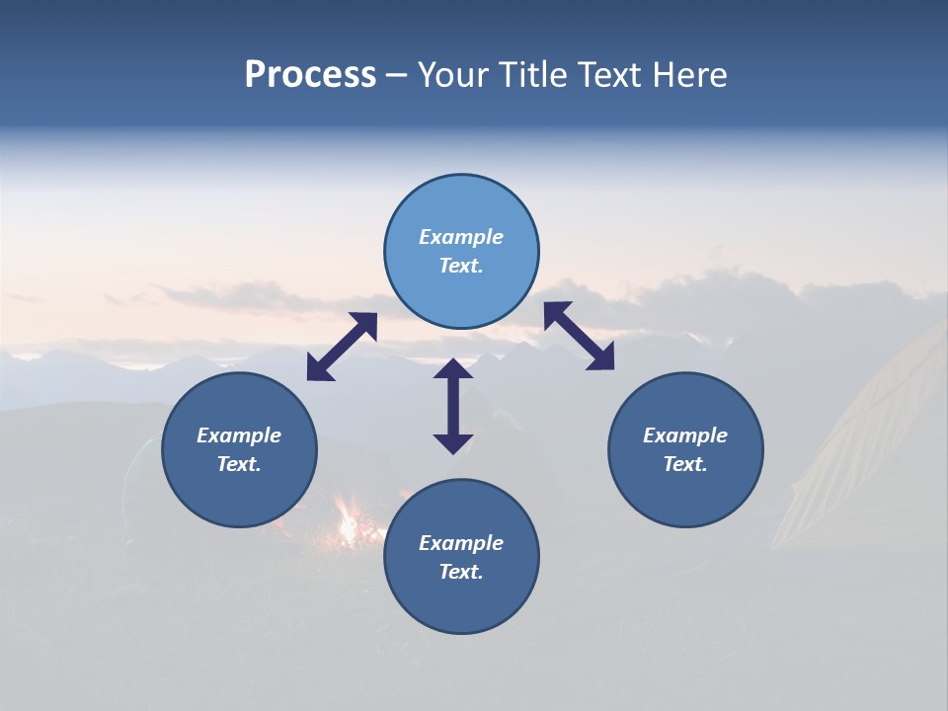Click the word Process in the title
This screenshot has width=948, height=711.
pyautogui.click(x=310, y=74)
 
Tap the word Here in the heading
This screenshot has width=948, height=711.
pyautogui.click(x=687, y=74)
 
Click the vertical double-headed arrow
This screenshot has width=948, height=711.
pyautogui.click(x=453, y=407)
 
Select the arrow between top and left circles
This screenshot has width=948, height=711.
pyautogui.click(x=342, y=347)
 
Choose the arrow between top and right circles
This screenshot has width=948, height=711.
pyautogui.click(x=580, y=337)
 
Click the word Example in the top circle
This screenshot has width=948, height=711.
pyautogui.click(x=461, y=237)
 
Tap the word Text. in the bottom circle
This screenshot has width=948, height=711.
pyautogui.click(x=461, y=572)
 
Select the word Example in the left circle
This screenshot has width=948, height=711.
pyautogui.click(x=239, y=435)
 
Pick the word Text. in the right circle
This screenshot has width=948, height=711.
pyautogui.click(x=685, y=464)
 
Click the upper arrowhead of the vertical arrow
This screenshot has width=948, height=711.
pyautogui.click(x=453, y=368)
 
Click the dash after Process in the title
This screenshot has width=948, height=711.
pyautogui.click(x=397, y=75)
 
